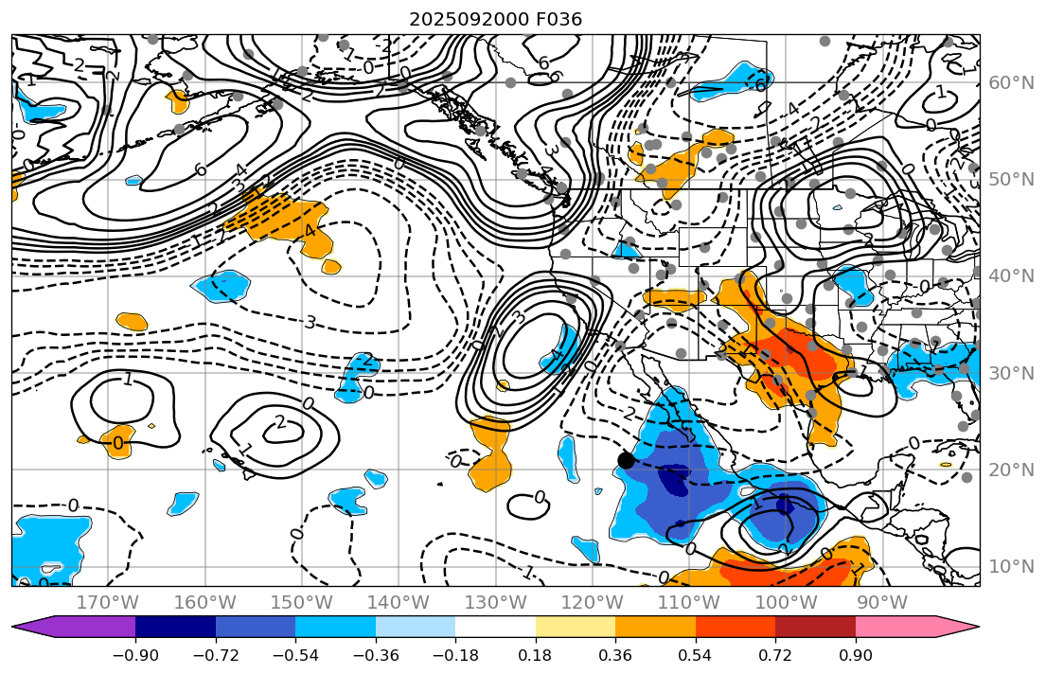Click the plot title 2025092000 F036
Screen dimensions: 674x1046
pyautogui.click(x=495, y=19)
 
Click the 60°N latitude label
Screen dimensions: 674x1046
pyautogui.click(x=1009, y=82)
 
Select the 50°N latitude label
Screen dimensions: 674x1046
pyautogui.click(x=1009, y=180)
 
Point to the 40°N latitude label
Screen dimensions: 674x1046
pyautogui.click(x=1009, y=276)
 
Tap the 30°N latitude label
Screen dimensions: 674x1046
pyautogui.click(x=1009, y=373)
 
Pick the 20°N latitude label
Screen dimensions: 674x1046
pyautogui.click(x=1009, y=470)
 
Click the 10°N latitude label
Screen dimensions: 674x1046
pyautogui.click(x=1009, y=567)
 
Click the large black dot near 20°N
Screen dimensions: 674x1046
pyautogui.click(x=626, y=460)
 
